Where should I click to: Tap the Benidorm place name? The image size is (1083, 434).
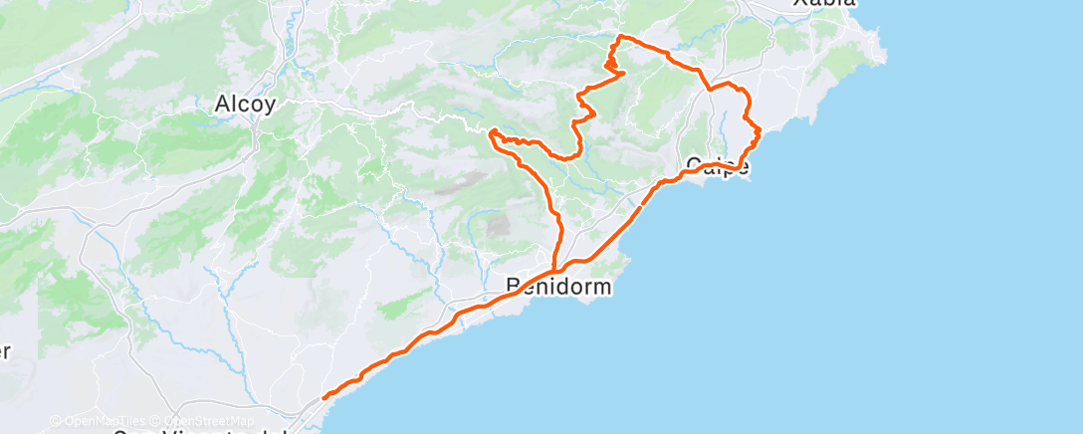point(557,288)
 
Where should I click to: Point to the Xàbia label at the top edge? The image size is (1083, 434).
point(823,4)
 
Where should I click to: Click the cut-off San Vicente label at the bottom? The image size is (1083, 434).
point(199,430)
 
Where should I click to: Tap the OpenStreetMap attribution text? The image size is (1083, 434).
point(200,420)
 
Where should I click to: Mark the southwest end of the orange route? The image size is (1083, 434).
point(325,398)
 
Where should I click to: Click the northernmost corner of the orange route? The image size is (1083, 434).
point(621,37)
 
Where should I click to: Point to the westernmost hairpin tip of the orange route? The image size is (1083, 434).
point(492,131)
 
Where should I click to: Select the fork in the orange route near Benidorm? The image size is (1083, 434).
point(553,269)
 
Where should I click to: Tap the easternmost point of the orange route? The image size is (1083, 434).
point(759,130)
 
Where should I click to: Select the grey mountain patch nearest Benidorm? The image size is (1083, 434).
point(497,227)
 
